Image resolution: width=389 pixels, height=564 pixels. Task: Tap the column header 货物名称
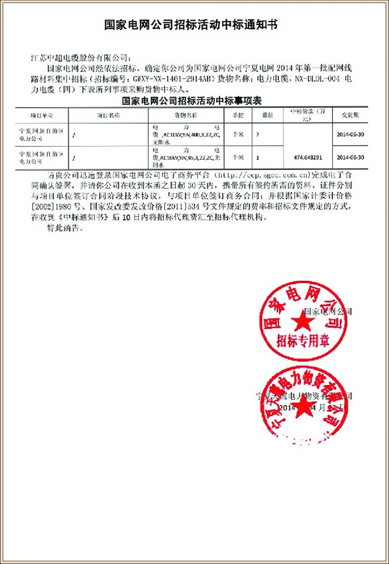click(x=186, y=115)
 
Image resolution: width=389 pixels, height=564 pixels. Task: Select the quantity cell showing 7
click(x=258, y=134)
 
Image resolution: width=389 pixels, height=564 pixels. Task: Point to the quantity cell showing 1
click(x=258, y=157)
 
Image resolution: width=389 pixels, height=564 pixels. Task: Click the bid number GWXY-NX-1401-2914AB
click(x=173, y=79)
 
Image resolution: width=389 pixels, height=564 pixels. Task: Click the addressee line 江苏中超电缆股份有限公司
click(x=82, y=57)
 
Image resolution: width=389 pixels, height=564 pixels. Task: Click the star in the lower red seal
click(x=303, y=409)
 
